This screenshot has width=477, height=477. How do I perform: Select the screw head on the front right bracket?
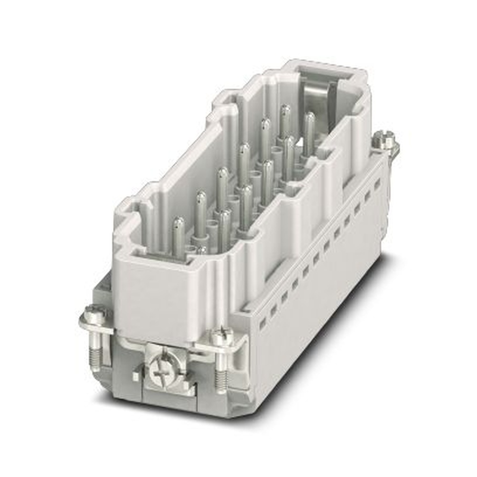[x=222, y=338]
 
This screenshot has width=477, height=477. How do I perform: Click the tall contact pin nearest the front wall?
[x=178, y=236]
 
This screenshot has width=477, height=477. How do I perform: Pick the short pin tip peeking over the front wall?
[x=202, y=249]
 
